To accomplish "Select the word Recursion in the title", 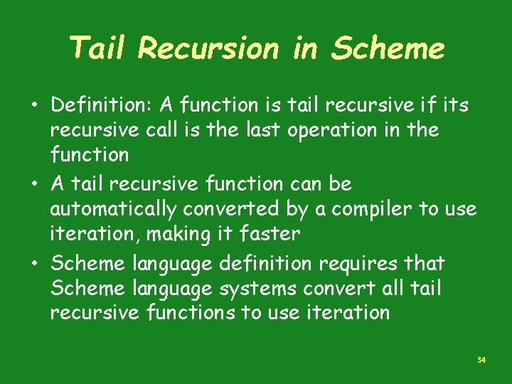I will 208,48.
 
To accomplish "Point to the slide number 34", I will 481,361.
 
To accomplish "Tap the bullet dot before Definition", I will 35,106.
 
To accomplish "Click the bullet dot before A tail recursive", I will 35,185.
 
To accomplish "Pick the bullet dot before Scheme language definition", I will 35,265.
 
